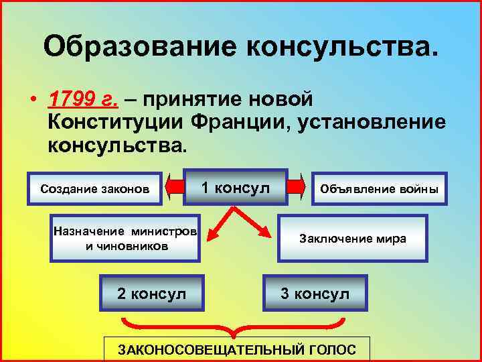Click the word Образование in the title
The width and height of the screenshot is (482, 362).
pyautogui.click(x=141, y=47)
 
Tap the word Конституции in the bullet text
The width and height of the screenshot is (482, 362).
pyautogui.click(x=114, y=123)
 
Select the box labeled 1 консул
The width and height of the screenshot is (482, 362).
pyautogui.click(x=236, y=187)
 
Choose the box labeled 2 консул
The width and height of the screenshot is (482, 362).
pyautogui.click(x=151, y=294)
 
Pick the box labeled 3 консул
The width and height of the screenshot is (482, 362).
pyautogui.click(x=315, y=294)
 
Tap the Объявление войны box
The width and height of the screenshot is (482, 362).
pyautogui.click(x=380, y=189)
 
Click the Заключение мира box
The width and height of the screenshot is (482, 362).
pyautogui.click(x=352, y=239)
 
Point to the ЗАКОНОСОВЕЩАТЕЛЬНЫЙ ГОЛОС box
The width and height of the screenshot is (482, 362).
pyautogui.click(x=237, y=349)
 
